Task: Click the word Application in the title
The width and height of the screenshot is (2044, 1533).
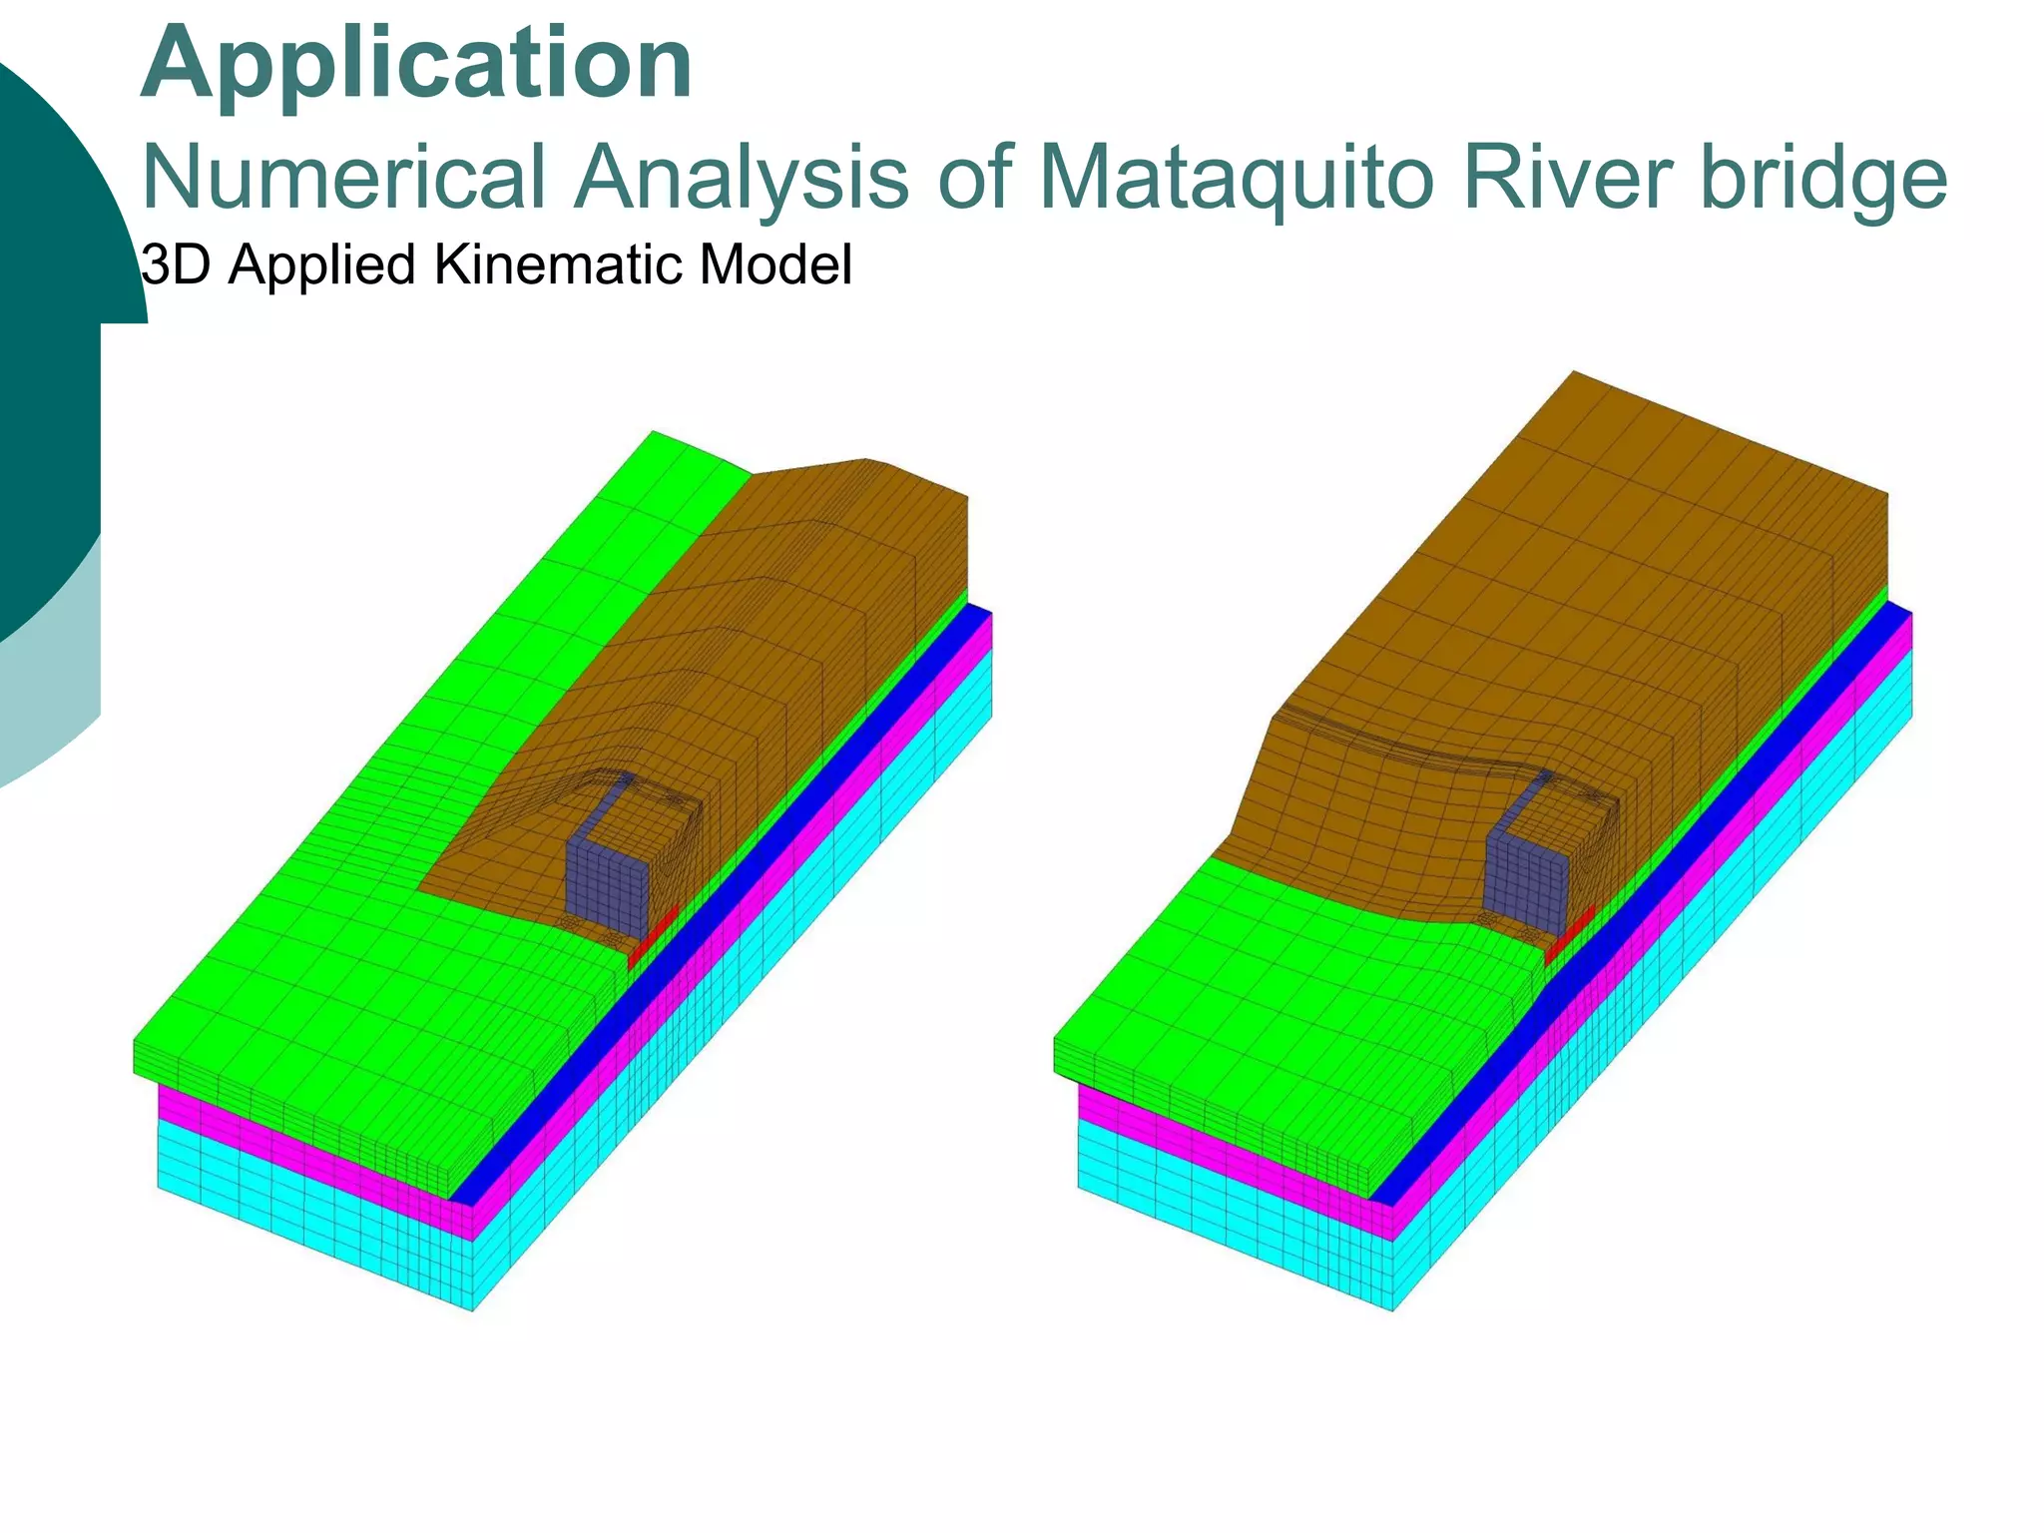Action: [x=416, y=64]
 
